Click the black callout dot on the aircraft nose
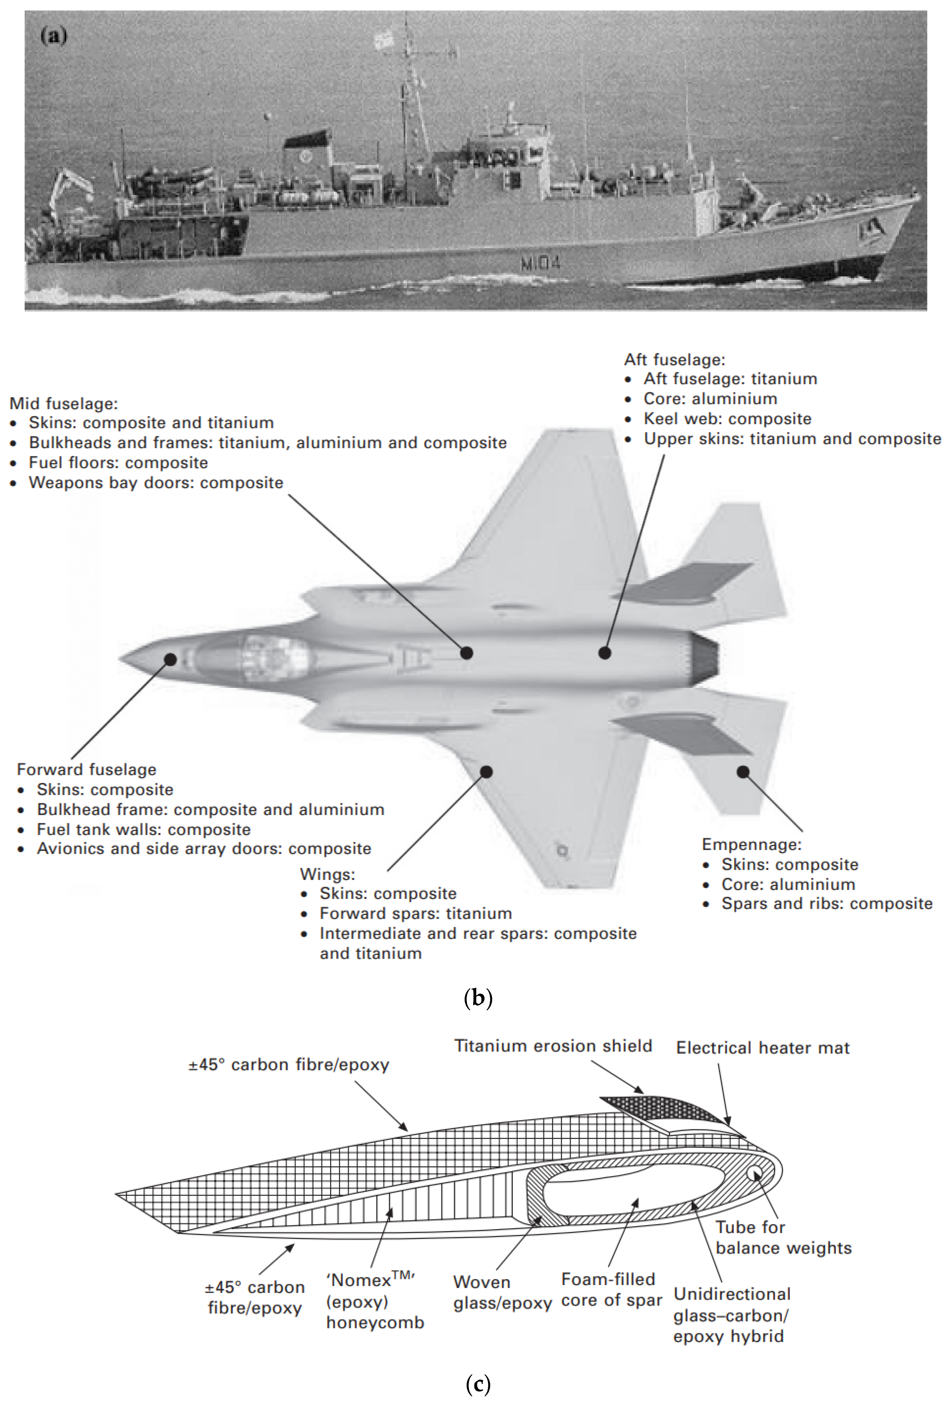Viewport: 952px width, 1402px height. pyautogui.click(x=171, y=659)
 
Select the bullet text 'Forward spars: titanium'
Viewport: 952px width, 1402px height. pyautogui.click(x=416, y=913)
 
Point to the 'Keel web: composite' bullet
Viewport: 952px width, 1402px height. pyautogui.click(x=727, y=419)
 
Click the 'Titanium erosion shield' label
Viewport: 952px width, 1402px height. pyautogui.click(x=553, y=1045)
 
